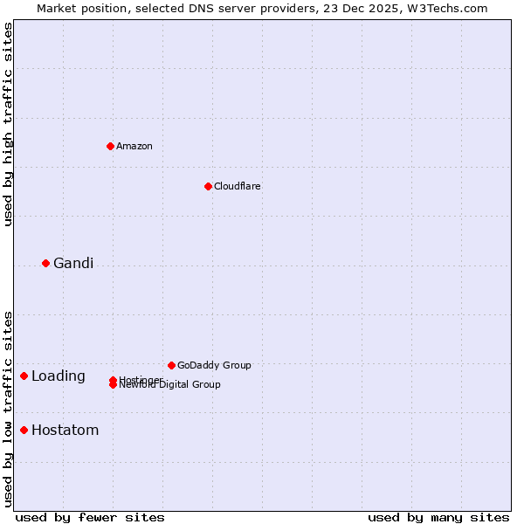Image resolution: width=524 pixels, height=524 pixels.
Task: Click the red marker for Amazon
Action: coord(110,146)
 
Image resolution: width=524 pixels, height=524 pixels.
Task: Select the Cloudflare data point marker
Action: coord(208,186)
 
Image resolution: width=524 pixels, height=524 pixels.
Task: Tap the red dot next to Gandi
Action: coord(45,263)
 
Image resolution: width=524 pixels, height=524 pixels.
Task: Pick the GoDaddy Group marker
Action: coord(171,365)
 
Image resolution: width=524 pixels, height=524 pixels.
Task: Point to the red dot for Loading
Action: coord(24,376)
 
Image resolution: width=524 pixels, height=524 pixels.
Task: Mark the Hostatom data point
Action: coord(24,430)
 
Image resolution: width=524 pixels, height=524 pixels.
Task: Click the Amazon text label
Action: coord(134,147)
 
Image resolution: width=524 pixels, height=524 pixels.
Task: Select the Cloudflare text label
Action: coord(238,187)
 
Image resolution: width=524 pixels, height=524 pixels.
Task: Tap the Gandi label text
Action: coord(73,264)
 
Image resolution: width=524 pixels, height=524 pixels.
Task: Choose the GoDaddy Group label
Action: coord(214,366)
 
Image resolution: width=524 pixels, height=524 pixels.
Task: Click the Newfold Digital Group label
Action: coord(170,385)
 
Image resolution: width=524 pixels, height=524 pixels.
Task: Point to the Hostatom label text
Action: coord(65,431)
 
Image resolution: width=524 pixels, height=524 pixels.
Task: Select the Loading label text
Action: coord(59,376)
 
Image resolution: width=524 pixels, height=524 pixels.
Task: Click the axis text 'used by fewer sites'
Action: coord(90,518)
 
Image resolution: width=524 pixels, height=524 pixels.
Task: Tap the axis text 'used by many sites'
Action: coord(438,518)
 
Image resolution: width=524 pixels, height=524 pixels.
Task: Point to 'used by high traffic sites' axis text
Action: coord(9,124)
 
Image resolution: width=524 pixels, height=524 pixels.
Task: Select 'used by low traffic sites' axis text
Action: coord(9,409)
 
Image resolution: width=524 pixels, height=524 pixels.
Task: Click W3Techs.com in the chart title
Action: coord(445,9)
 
